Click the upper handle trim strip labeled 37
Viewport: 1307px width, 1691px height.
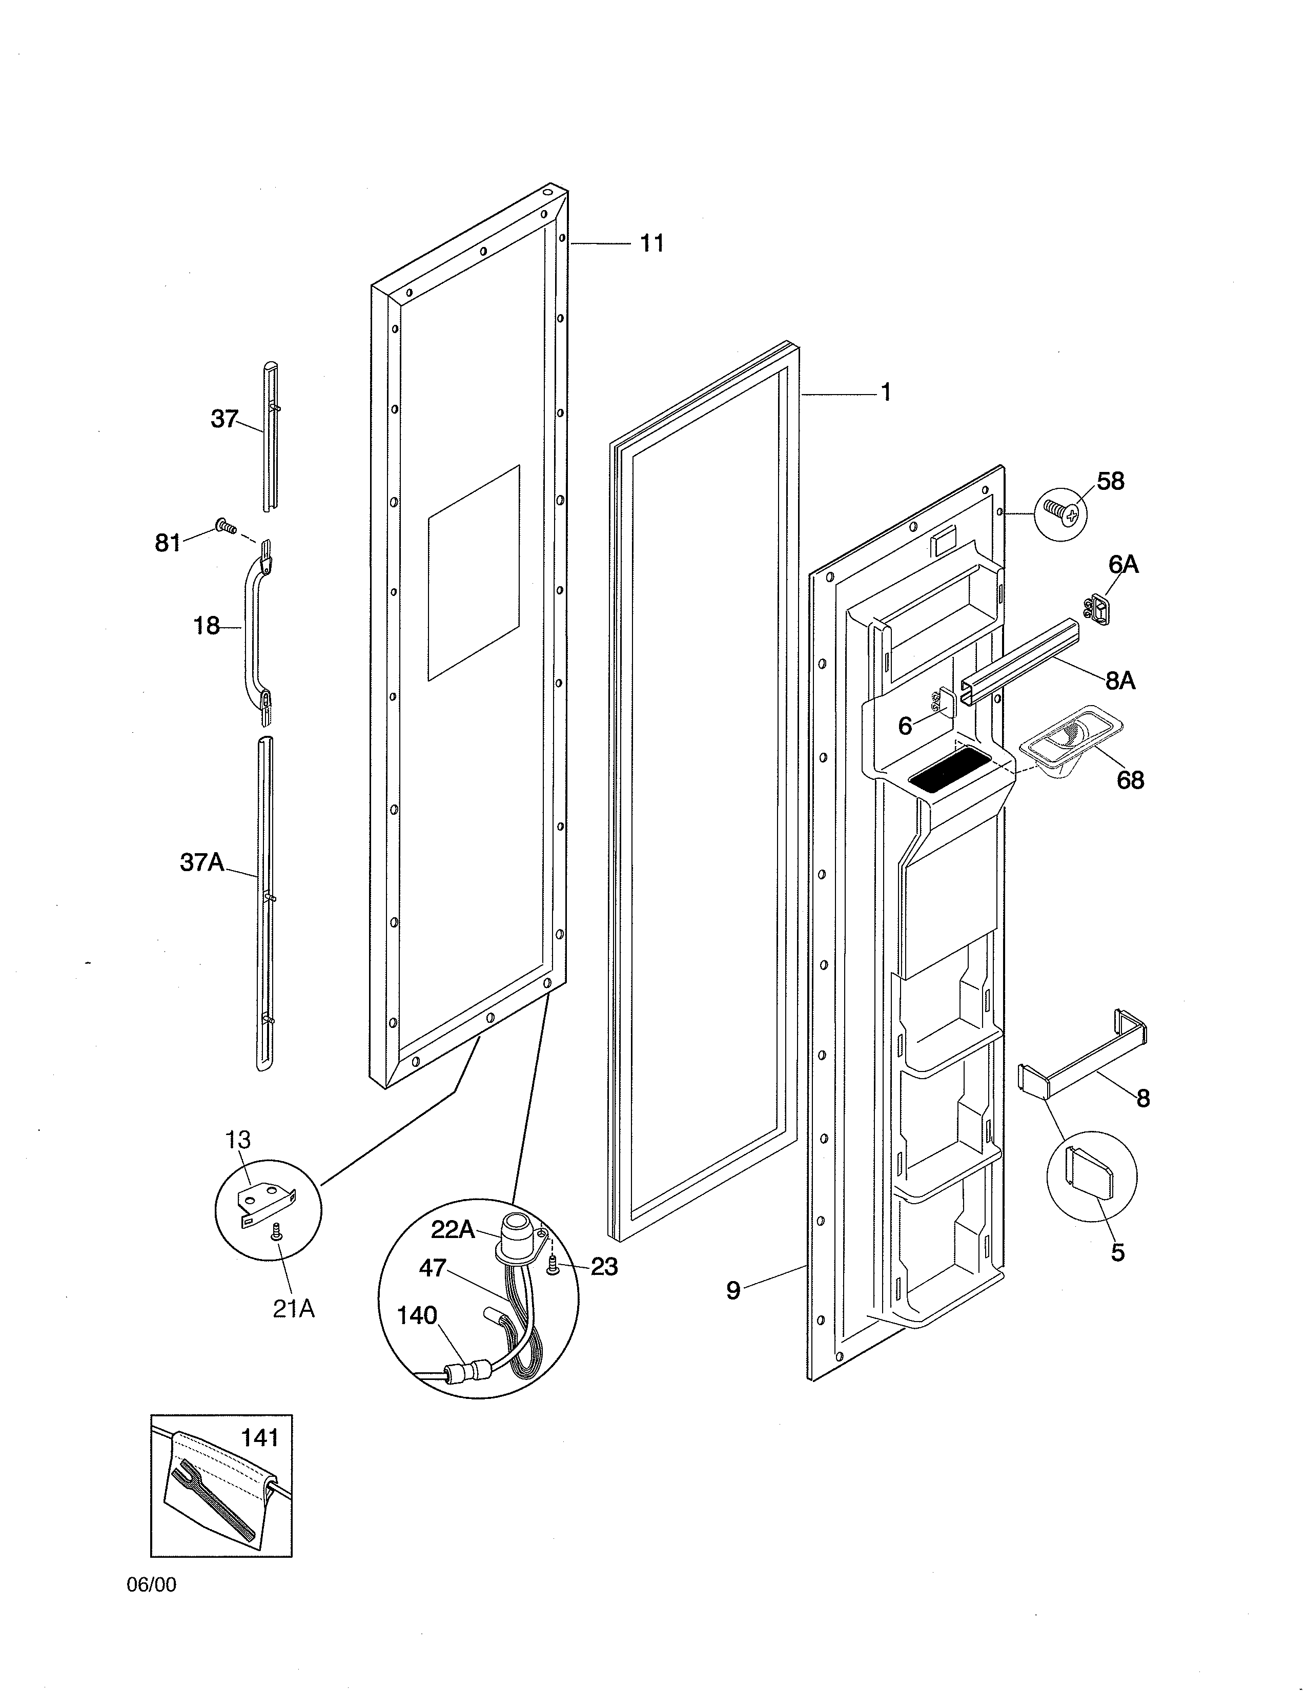[x=271, y=434]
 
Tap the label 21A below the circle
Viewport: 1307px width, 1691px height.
[x=294, y=1309]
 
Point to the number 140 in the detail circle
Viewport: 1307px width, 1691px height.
[x=417, y=1315]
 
